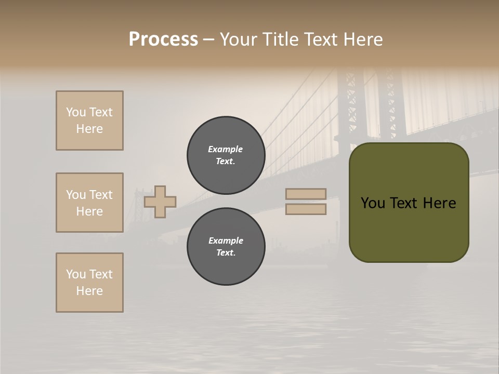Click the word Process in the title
click(x=163, y=39)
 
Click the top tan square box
click(x=89, y=121)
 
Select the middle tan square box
click(x=89, y=203)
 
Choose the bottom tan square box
click(x=89, y=283)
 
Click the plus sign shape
click(x=160, y=202)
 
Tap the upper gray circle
click(x=226, y=155)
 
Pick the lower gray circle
click(x=226, y=247)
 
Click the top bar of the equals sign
click(x=306, y=194)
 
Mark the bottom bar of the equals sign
click(x=306, y=209)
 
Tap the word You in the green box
click(x=373, y=203)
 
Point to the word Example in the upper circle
click(x=226, y=149)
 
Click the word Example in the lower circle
click(x=226, y=241)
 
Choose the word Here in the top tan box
click(x=89, y=129)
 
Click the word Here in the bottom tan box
click(x=89, y=291)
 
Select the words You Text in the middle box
click(x=89, y=195)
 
